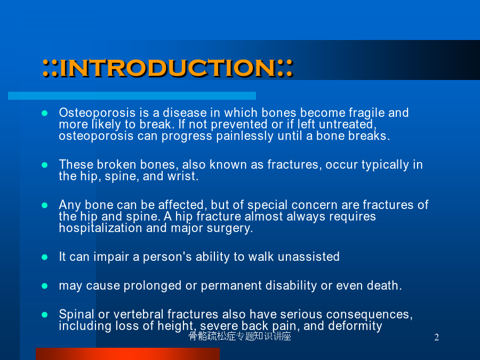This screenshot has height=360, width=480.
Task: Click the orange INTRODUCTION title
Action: coord(168,67)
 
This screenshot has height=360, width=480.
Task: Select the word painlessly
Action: coord(245,136)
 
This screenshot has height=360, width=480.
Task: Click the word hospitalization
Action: coord(101,228)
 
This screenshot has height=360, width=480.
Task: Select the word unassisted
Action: coord(309,257)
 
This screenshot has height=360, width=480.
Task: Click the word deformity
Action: coord(355,326)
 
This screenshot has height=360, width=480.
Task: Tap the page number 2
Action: coord(436,337)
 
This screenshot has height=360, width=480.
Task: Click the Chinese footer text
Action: coord(239,337)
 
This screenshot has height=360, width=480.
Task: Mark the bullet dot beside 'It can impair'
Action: coord(44,257)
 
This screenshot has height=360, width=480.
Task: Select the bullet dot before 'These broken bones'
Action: coord(44,165)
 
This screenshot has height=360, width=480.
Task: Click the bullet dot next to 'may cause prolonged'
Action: coord(44,286)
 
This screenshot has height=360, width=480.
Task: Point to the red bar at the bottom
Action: coord(127,354)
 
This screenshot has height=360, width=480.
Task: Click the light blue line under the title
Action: coord(132,95)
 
